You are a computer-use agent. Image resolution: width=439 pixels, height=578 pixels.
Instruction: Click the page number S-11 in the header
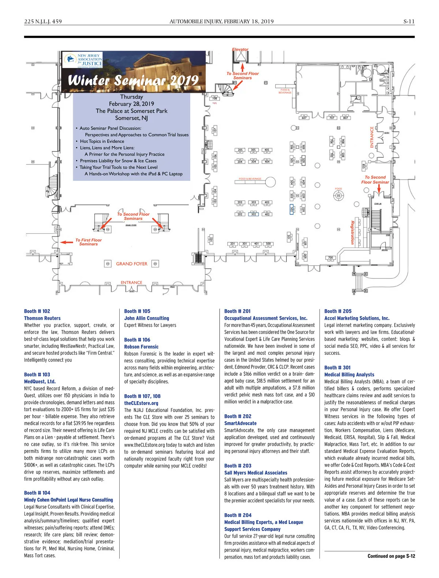tap(409, 22)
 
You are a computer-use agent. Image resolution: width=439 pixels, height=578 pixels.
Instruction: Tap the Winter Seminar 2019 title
tap(133, 80)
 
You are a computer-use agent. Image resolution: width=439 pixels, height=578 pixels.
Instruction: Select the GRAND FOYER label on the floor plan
tap(132, 264)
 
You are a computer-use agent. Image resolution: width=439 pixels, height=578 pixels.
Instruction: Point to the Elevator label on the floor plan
tap(240, 49)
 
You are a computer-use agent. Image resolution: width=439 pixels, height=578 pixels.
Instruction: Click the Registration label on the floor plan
tap(352, 232)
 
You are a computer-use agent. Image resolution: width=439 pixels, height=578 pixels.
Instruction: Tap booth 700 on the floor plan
tap(330, 258)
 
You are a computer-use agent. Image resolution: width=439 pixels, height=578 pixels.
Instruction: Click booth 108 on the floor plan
tap(214, 98)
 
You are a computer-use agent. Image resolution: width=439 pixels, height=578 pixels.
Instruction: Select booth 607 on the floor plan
tap(304, 118)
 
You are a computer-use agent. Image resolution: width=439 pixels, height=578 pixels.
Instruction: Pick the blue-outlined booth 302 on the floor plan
tap(253, 214)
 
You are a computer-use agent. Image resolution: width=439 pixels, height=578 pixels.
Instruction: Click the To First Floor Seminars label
tap(89, 242)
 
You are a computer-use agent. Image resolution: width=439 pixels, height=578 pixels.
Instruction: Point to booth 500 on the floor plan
tap(268, 244)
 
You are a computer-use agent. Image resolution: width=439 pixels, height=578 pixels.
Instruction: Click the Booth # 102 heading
tap(37, 311)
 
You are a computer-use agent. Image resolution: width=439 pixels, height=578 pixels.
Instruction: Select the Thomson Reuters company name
tap(42, 318)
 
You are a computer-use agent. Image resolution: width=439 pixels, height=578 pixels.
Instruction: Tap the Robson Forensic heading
tap(141, 347)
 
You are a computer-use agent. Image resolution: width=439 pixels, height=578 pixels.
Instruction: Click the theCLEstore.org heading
tap(141, 403)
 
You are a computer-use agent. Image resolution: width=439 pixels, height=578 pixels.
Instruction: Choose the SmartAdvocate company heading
tap(240, 423)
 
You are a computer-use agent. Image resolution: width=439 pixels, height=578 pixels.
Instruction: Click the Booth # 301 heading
tap(337, 368)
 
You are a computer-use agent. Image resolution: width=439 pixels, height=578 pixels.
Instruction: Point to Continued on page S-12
tap(391, 556)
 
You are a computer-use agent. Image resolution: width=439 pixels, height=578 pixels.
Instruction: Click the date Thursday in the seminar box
tap(131, 97)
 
